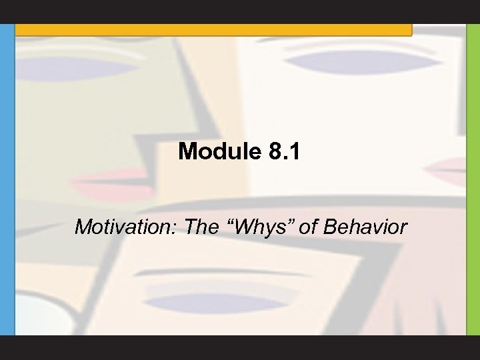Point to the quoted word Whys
[x=255, y=228]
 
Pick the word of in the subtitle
[x=309, y=227]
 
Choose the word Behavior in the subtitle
[x=364, y=227]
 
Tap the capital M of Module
[x=189, y=153]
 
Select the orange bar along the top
[x=213, y=29]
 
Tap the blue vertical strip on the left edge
[x=7, y=180]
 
